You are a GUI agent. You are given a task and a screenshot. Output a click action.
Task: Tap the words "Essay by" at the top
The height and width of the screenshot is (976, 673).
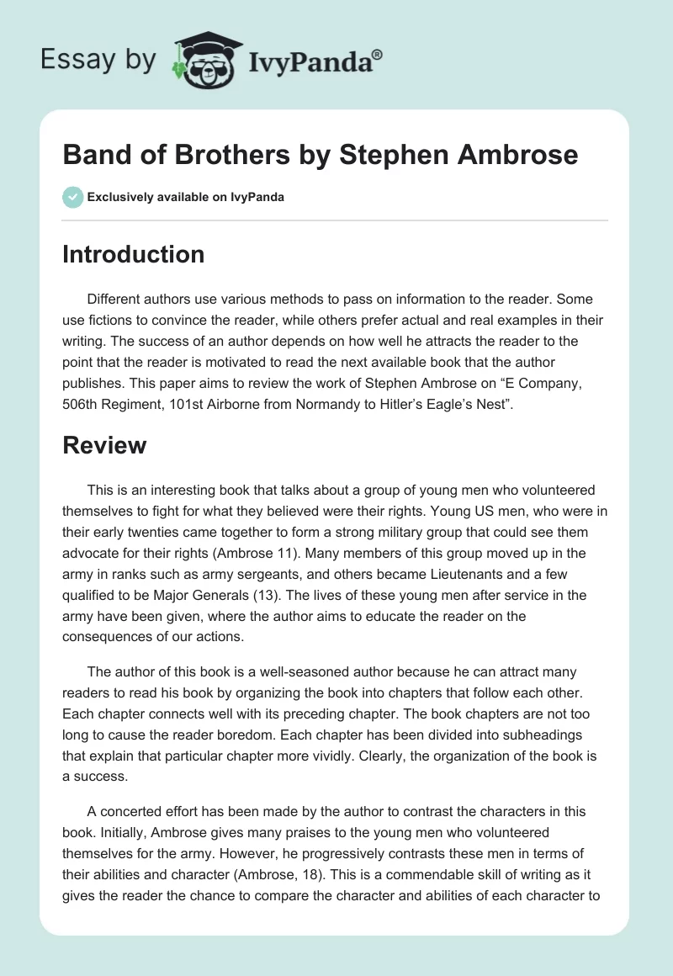99,61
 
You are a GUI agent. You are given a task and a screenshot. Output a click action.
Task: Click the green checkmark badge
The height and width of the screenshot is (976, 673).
72,197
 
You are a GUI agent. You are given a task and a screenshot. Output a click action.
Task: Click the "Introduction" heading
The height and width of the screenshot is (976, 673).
133,254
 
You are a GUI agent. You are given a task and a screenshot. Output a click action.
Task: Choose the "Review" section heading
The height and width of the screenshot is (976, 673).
104,445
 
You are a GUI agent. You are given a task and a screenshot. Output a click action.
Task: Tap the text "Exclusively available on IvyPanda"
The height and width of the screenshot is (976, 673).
186,198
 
